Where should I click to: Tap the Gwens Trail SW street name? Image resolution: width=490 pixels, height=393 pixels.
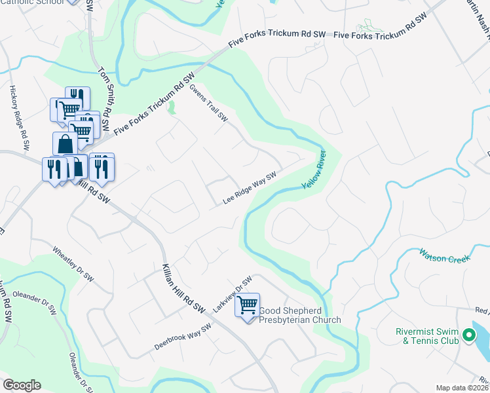pyautogui.click(x=208, y=103)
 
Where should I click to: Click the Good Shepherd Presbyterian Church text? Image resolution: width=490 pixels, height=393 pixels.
pyautogui.click(x=300, y=315)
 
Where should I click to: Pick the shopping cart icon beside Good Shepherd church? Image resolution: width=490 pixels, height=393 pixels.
pyautogui.click(x=247, y=305)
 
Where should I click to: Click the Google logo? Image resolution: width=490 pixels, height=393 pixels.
pyautogui.click(x=22, y=384)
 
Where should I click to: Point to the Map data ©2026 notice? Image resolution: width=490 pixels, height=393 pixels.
pyautogui.click(x=461, y=388)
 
